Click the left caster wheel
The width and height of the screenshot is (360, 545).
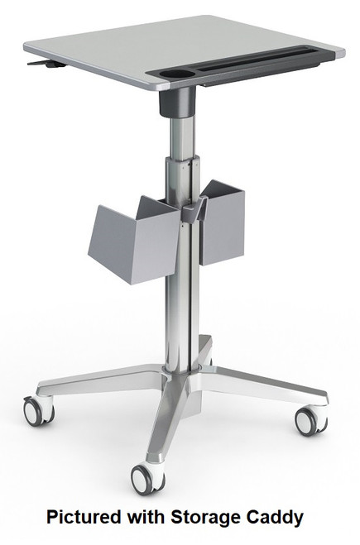[x=35, y=411]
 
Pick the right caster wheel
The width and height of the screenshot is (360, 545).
[x=308, y=420]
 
